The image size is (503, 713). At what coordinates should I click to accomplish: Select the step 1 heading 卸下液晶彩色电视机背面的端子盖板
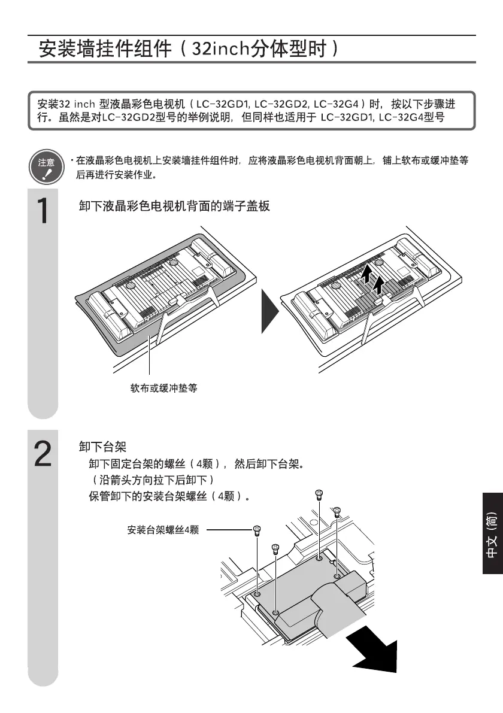pos(174,207)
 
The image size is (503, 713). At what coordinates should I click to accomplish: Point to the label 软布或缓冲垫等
pos(163,389)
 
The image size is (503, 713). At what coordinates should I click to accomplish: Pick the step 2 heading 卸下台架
pos(102,447)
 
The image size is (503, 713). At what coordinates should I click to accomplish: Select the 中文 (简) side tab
pos(492,535)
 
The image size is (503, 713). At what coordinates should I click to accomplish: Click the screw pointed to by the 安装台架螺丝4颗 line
pos(257,530)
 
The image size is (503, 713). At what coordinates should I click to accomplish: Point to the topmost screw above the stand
pos(319,494)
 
